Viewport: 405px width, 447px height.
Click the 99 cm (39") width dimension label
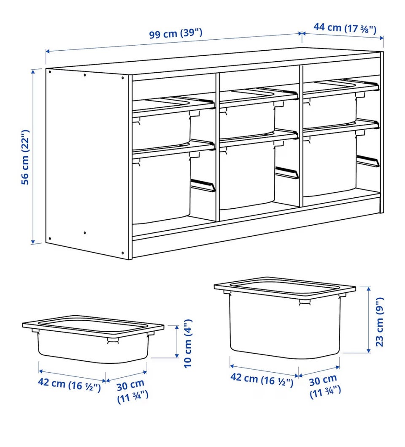175,33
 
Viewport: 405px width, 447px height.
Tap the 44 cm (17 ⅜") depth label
345,28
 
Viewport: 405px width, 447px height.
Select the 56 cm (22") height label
25,157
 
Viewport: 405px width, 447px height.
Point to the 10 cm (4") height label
188,343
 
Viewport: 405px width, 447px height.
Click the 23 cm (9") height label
379,322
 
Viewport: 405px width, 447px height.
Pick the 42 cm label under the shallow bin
70,384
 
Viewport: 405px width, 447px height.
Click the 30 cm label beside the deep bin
324,386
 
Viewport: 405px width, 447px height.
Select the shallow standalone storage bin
93,339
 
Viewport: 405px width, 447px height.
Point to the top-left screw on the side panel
50,71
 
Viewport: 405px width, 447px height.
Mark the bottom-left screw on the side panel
50,238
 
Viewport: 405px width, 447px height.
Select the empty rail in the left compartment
203,185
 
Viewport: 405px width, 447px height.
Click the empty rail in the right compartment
368,161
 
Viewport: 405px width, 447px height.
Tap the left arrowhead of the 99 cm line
48,51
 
